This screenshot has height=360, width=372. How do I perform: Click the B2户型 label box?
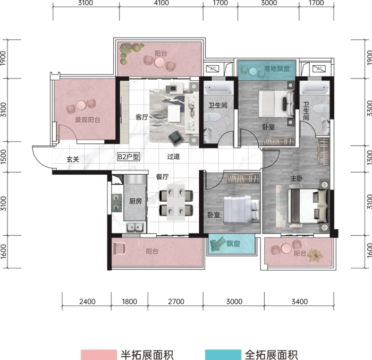[x=129, y=157]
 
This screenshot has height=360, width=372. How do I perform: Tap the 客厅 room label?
[x=142, y=117]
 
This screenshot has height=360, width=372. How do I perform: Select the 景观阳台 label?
[x=88, y=120]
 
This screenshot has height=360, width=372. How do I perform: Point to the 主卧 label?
[x=297, y=178]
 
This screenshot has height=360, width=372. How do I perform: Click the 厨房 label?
[x=135, y=201]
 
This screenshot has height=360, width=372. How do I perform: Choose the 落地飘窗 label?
[x=277, y=68]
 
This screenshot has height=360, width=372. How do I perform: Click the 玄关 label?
[x=73, y=159]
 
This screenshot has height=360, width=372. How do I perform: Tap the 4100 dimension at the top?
[x=162, y=3]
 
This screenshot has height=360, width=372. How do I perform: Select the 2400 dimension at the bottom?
[x=87, y=302]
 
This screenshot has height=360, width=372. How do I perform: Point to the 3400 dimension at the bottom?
[x=300, y=302]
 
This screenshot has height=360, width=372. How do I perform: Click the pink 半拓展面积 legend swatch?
[x=99, y=355]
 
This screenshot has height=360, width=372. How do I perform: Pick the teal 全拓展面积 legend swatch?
[x=223, y=355]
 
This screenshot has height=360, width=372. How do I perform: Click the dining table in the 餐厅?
[x=176, y=203]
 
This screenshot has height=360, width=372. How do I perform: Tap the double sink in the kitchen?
[x=135, y=228]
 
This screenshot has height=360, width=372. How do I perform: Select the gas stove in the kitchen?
[x=117, y=203]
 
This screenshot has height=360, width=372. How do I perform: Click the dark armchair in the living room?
[x=176, y=138]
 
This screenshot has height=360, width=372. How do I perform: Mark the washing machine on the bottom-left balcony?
[x=119, y=248]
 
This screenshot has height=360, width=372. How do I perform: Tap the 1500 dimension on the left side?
[x=4, y=157]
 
